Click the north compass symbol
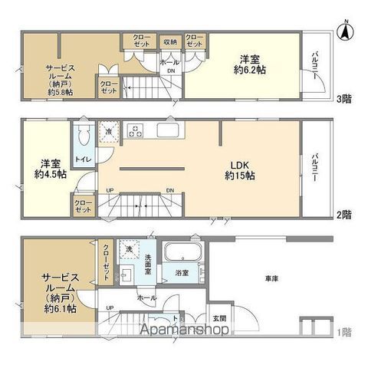(x=346, y=32)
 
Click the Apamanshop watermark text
(x=184, y=331)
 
